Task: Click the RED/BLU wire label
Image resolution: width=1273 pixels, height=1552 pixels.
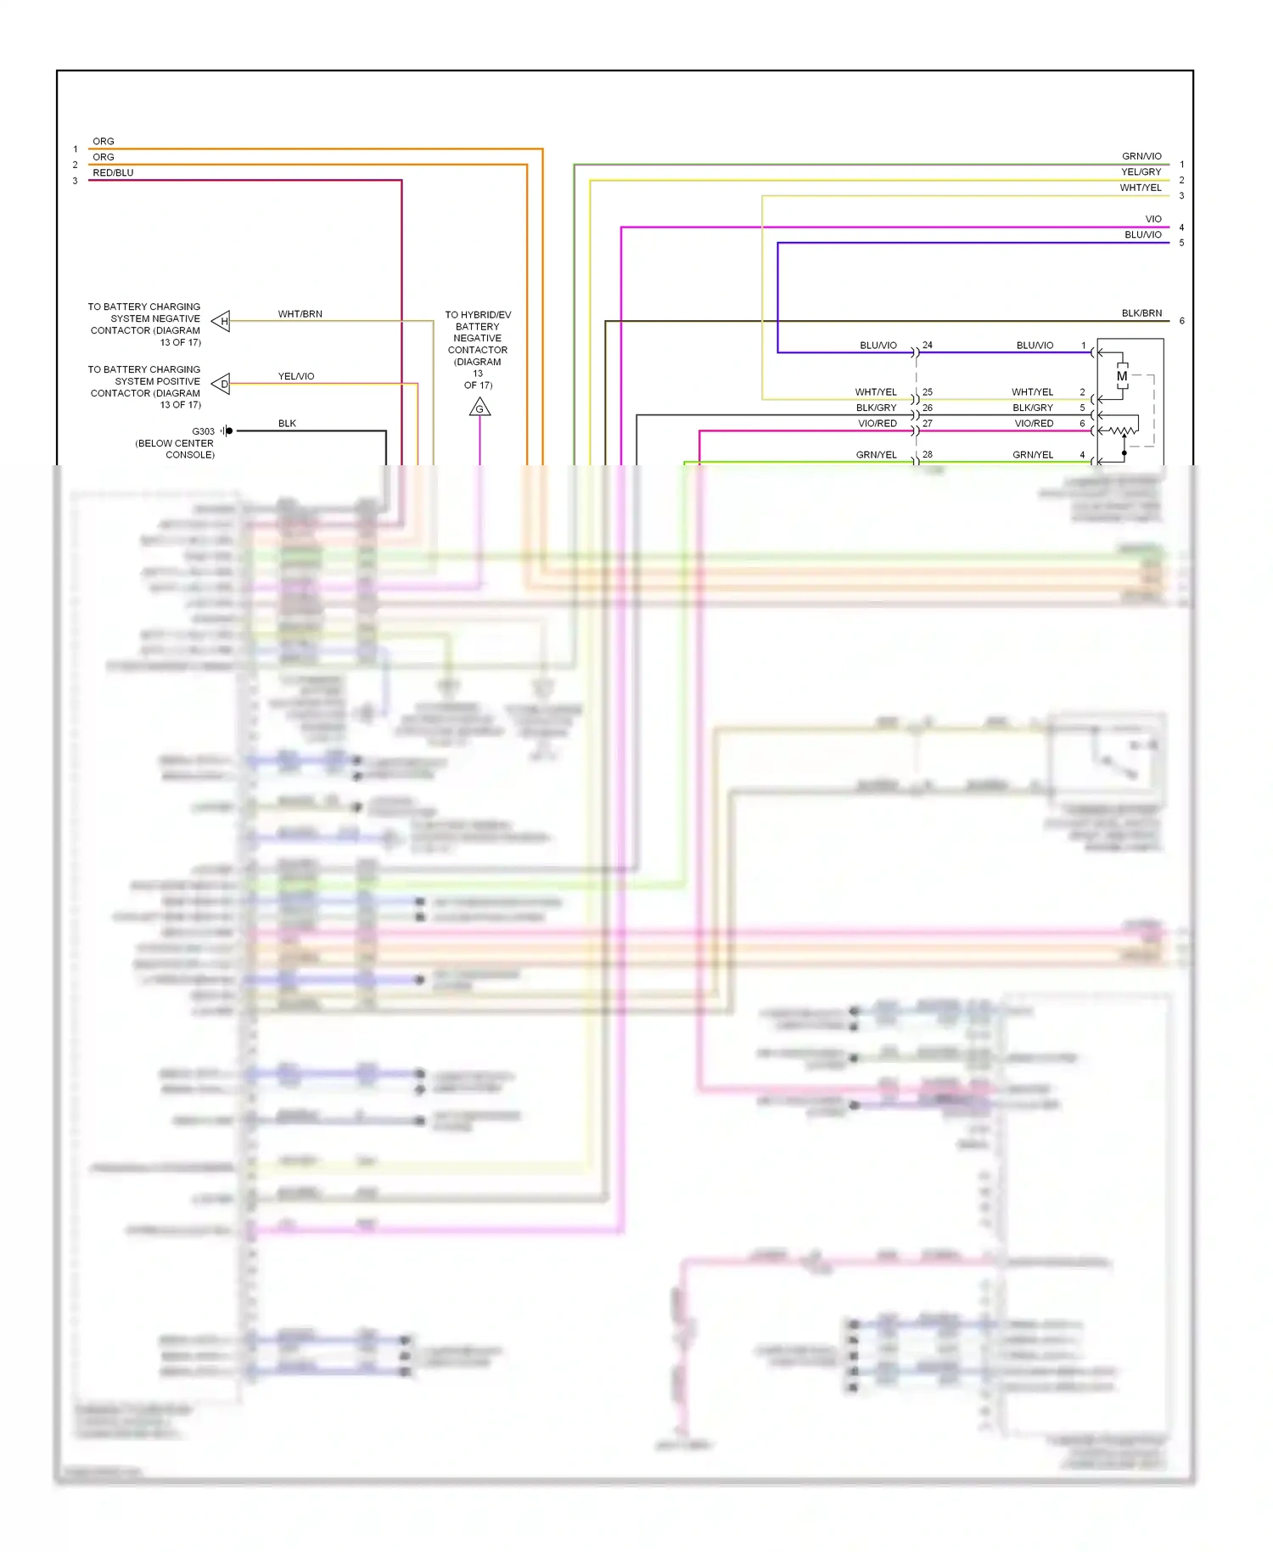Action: pyautogui.click(x=113, y=172)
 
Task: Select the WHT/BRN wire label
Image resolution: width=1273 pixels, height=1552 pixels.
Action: pyautogui.click(x=300, y=314)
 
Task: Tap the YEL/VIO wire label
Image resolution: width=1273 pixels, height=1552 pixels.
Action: pyautogui.click(x=296, y=376)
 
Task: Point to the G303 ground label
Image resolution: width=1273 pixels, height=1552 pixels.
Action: pyautogui.click(x=203, y=431)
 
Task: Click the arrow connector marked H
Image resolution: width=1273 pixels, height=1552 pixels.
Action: pyautogui.click(x=222, y=321)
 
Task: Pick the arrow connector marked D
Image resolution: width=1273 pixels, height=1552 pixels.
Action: pyautogui.click(x=222, y=384)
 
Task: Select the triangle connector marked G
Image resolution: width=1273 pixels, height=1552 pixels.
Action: pyautogui.click(x=479, y=409)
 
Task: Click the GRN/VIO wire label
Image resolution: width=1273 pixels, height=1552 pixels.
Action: pyautogui.click(x=1141, y=156)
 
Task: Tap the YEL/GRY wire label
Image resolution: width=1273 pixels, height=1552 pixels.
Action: pyautogui.click(x=1141, y=172)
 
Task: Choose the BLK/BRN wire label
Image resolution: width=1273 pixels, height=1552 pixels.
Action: pyautogui.click(x=1141, y=313)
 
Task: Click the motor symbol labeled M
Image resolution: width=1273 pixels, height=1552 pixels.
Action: pyautogui.click(x=1122, y=376)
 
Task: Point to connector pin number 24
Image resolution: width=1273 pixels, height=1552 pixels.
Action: pyautogui.click(x=928, y=346)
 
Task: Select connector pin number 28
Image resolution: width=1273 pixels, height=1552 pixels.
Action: pyautogui.click(x=928, y=455)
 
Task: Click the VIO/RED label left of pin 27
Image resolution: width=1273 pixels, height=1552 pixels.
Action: pyautogui.click(x=877, y=424)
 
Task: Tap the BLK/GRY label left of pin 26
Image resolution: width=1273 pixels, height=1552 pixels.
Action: pyautogui.click(x=876, y=408)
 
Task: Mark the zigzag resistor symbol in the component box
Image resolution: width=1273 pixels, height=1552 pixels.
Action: pyautogui.click(x=1123, y=430)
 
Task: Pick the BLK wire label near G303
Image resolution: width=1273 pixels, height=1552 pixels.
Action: pyautogui.click(x=287, y=424)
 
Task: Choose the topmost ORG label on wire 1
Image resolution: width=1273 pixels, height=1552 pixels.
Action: pyautogui.click(x=103, y=141)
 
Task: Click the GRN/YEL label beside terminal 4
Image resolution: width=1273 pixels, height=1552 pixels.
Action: pyautogui.click(x=1032, y=455)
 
